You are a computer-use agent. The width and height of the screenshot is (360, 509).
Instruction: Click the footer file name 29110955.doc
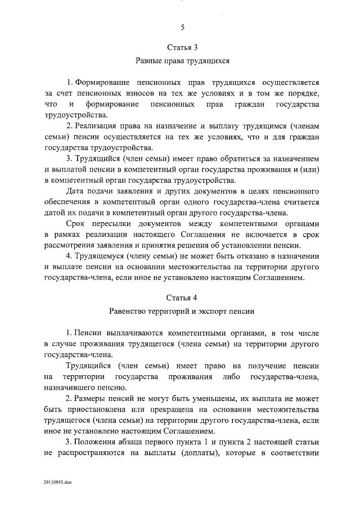point(56,498)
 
